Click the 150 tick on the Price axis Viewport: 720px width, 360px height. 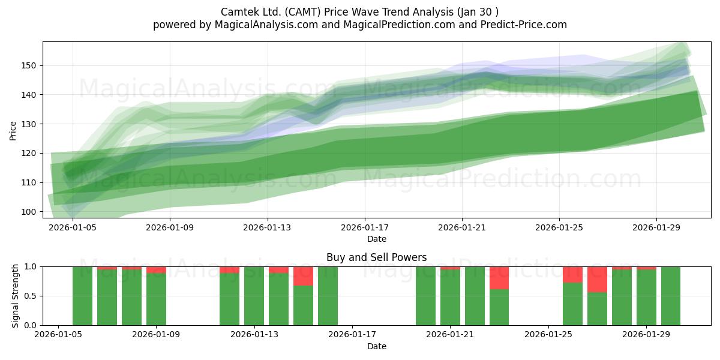point(29,65)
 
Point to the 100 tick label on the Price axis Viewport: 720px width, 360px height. point(29,212)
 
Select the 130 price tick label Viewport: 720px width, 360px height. point(29,124)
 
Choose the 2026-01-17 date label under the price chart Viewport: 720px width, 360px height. point(365,227)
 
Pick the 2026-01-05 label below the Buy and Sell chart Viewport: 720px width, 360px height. point(58,335)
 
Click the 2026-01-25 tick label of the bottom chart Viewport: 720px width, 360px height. point(548,335)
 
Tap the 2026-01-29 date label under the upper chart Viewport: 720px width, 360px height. point(656,227)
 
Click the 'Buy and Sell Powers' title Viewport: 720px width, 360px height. point(377,257)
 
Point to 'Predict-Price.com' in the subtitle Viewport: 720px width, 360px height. point(524,25)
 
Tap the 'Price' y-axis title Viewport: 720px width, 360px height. point(13,131)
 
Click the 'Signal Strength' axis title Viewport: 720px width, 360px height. point(15,296)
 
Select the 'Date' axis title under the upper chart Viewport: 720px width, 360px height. point(377,239)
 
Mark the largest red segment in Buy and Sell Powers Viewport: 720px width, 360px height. point(597,280)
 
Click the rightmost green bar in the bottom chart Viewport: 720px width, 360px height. point(671,296)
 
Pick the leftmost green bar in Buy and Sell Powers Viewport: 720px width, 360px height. point(82,296)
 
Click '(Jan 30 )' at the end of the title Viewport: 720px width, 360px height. point(478,12)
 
